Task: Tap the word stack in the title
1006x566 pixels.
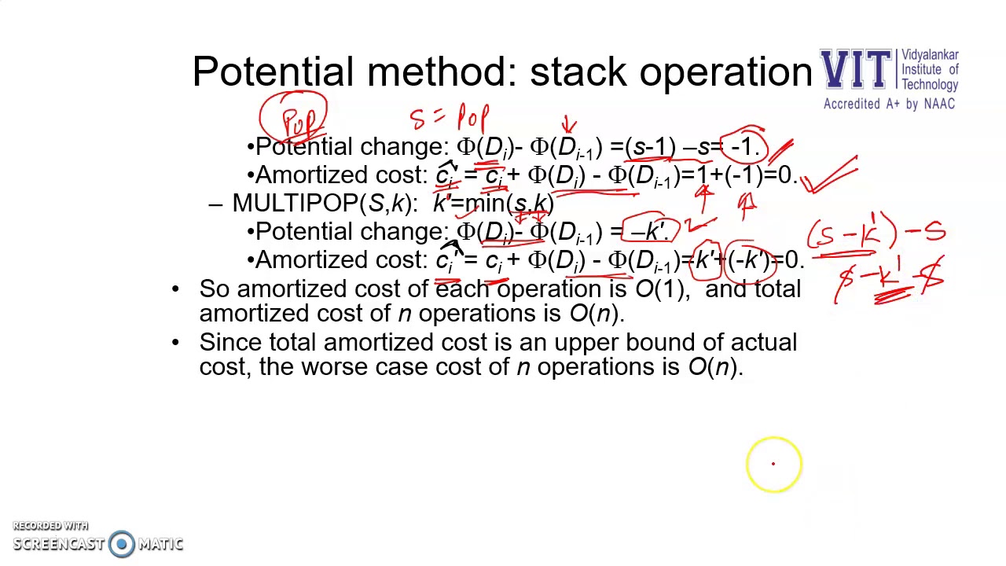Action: pyautogui.click(x=580, y=72)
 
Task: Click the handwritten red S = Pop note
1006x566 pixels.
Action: pyautogui.click(x=450, y=118)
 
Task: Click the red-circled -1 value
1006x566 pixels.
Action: pyautogui.click(x=743, y=146)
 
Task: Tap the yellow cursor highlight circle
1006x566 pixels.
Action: pyautogui.click(x=773, y=464)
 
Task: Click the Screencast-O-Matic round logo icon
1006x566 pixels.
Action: pyautogui.click(x=122, y=544)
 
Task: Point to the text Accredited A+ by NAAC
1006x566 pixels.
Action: pyautogui.click(x=889, y=104)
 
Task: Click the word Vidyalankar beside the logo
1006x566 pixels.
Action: pyautogui.click(x=930, y=55)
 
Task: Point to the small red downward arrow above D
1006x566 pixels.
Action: pyautogui.click(x=569, y=125)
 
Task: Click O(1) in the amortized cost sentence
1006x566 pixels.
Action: pyautogui.click(x=659, y=289)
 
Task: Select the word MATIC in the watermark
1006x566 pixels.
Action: pyautogui.click(x=160, y=544)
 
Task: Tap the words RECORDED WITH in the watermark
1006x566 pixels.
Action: pyautogui.click(x=50, y=526)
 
